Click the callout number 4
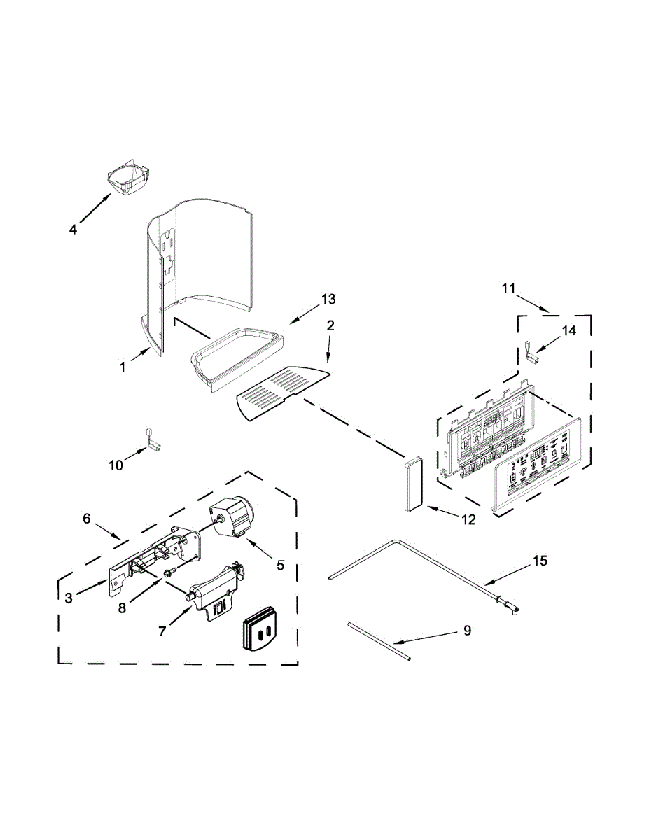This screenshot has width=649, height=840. pyautogui.click(x=74, y=229)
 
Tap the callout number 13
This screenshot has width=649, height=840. pyautogui.click(x=327, y=300)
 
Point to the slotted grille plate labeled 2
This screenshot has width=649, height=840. pyautogui.click(x=280, y=392)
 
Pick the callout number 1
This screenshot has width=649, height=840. pyautogui.click(x=123, y=366)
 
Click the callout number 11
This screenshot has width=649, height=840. pyautogui.click(x=508, y=288)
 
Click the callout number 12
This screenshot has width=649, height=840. pyautogui.click(x=467, y=519)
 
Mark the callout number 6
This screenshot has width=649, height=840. pyautogui.click(x=87, y=519)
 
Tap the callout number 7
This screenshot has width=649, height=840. pyautogui.click(x=162, y=631)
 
